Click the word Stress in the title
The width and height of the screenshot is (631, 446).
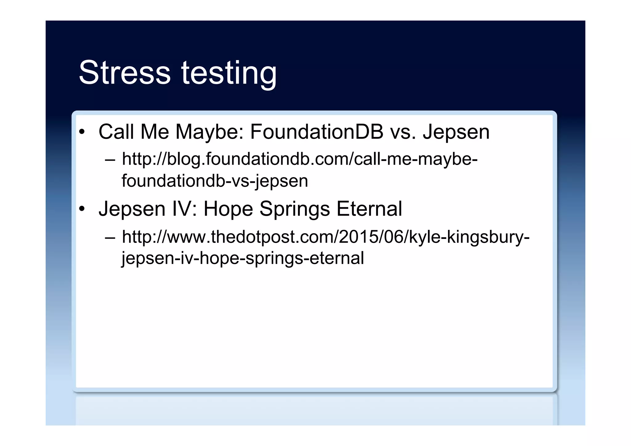(x=124, y=72)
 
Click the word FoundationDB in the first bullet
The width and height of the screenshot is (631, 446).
(x=316, y=132)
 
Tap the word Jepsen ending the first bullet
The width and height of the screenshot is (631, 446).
(x=456, y=133)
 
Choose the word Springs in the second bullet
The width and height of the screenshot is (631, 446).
(x=295, y=210)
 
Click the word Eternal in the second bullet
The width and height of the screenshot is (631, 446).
(x=369, y=209)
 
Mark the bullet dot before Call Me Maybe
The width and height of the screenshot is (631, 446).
(x=82, y=132)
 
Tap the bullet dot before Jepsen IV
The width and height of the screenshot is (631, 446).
(x=82, y=209)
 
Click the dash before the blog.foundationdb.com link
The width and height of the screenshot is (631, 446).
(x=110, y=160)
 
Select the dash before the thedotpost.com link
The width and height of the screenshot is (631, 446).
(x=110, y=238)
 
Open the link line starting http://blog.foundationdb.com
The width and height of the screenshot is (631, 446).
(x=299, y=160)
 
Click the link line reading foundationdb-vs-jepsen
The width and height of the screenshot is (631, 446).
(x=215, y=181)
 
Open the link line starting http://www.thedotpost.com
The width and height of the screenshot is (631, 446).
(x=326, y=237)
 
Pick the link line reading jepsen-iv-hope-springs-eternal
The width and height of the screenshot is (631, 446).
(x=243, y=258)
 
